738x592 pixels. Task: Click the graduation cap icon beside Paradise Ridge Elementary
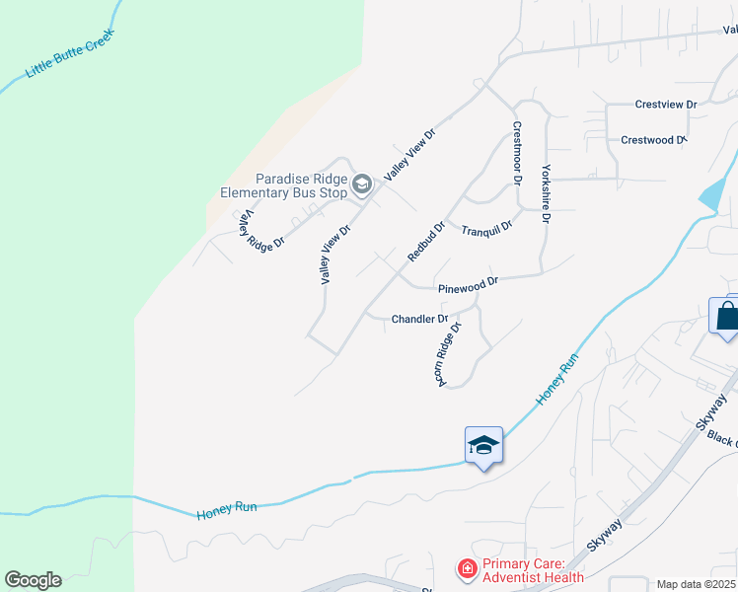click(x=362, y=183)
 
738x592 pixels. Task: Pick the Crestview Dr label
click(x=666, y=105)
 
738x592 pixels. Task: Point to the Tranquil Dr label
click(x=487, y=229)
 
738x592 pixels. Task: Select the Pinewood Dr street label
click(x=469, y=284)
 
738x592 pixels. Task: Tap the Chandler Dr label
click(x=420, y=320)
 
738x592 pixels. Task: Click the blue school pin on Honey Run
click(x=483, y=446)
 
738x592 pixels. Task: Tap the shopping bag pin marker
click(x=726, y=317)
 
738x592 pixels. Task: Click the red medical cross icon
click(x=466, y=570)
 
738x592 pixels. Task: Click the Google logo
click(x=33, y=580)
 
